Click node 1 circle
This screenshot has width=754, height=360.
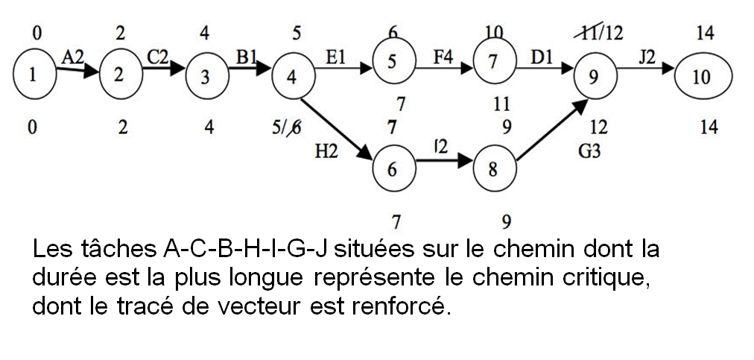(31, 75)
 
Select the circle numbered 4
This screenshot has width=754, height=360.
(291, 78)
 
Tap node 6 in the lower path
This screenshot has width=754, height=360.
(392, 169)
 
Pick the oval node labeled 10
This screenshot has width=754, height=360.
(702, 78)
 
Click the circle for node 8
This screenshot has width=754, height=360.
(492, 168)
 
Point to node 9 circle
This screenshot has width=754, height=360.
(593, 78)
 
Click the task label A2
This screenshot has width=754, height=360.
(72, 57)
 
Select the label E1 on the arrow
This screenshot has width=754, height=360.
(336, 57)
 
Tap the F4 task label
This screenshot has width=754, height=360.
(444, 57)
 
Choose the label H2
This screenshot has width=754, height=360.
(326, 152)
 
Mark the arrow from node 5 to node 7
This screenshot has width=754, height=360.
(444, 68)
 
